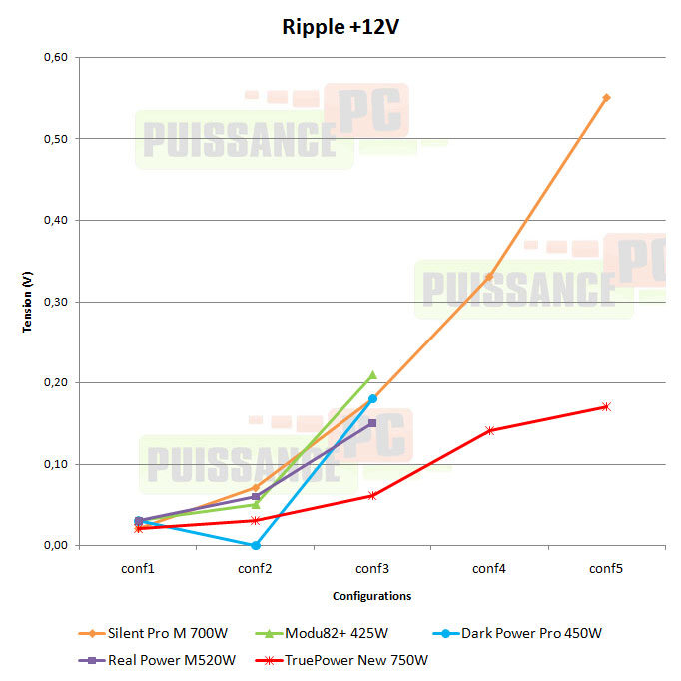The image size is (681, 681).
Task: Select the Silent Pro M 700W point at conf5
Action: click(x=606, y=98)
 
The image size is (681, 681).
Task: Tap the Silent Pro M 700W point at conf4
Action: click(x=489, y=277)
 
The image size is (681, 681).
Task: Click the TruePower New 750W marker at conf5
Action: click(x=606, y=406)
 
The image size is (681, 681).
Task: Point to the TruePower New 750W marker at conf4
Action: click(x=489, y=430)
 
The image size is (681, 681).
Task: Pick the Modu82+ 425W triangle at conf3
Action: click(x=372, y=375)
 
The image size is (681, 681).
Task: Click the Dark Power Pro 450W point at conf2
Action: click(x=256, y=545)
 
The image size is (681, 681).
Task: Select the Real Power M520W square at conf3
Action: click(x=372, y=423)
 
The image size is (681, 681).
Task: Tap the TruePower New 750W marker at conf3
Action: click(x=372, y=495)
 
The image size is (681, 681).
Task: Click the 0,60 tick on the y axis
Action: click(x=54, y=57)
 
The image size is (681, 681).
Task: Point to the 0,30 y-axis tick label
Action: click(x=54, y=302)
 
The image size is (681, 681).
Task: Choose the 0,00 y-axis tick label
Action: click(x=54, y=546)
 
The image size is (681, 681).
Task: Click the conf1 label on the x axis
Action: click(x=138, y=568)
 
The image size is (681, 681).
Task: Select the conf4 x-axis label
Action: click(x=489, y=568)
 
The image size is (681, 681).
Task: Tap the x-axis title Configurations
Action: click(x=371, y=596)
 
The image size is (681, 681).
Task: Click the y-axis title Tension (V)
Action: click(x=29, y=302)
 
